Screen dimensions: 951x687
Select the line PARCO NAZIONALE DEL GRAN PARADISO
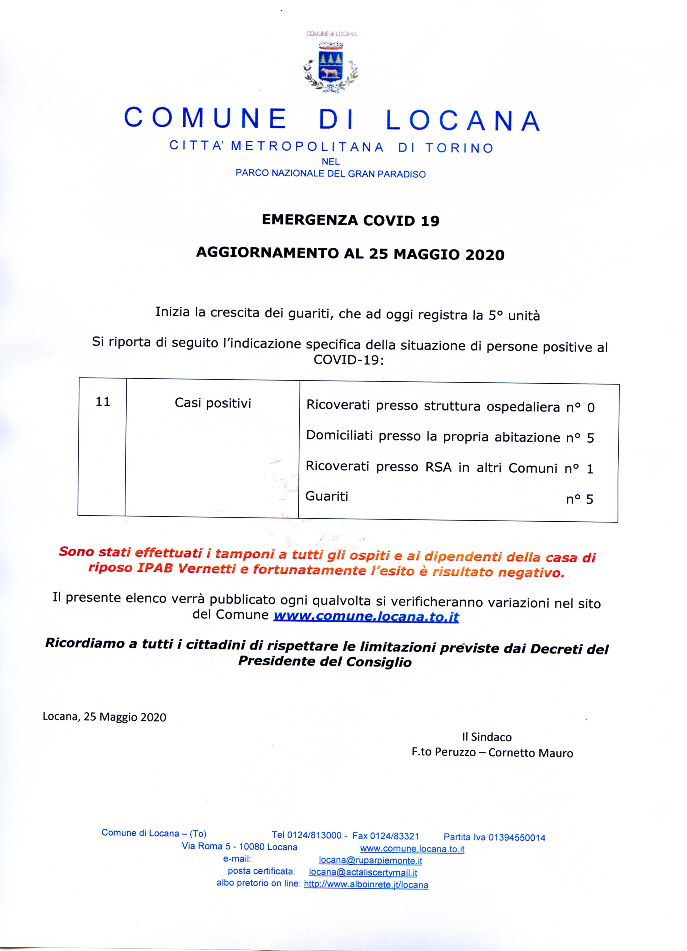[331, 174]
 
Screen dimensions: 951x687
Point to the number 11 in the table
[103, 402]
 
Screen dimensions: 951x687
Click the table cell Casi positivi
[213, 403]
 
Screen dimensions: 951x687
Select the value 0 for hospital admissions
[591, 407]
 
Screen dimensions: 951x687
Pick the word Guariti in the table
[327, 496]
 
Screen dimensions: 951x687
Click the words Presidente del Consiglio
[325, 661]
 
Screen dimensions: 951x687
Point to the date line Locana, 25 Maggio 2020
[104, 717]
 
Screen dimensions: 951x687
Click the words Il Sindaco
[486, 737]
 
